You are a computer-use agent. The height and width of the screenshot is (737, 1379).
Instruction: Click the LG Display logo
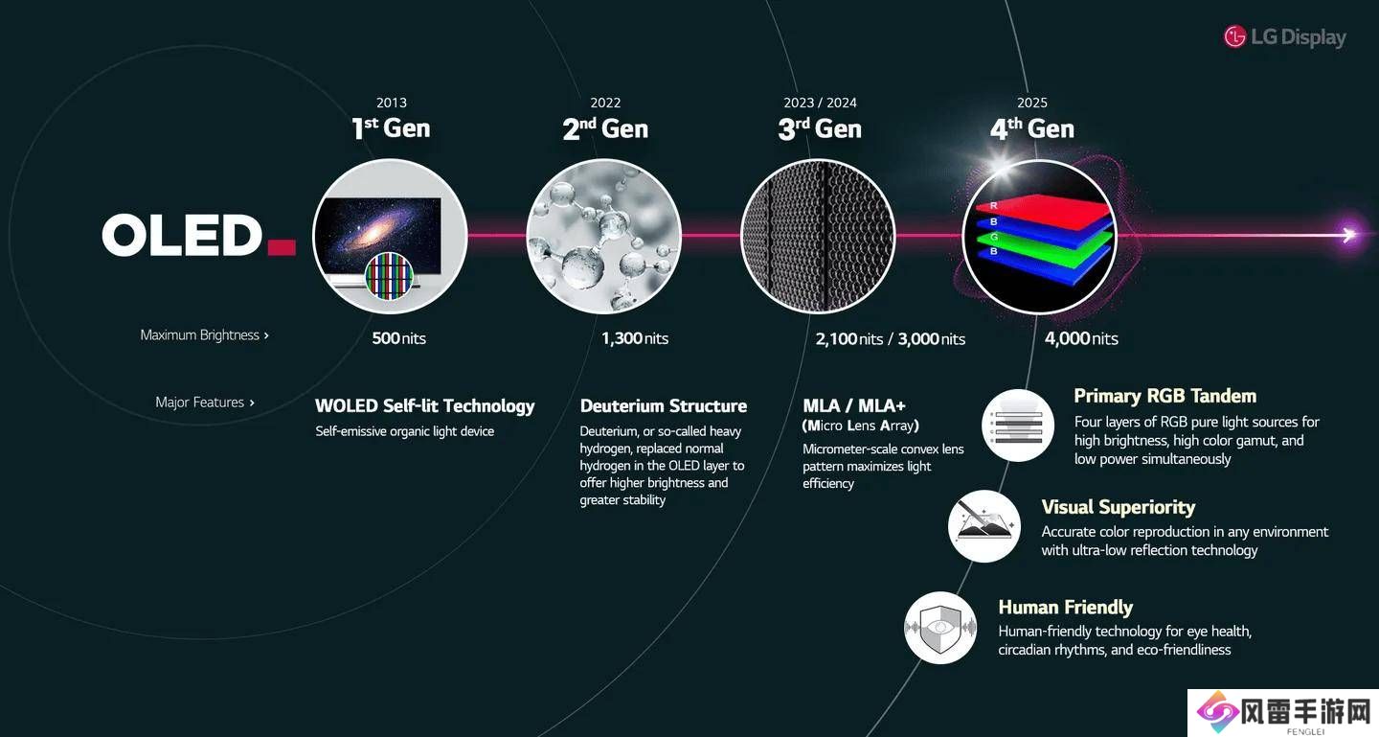(x=1285, y=37)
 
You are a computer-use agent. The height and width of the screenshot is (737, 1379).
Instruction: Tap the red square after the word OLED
(x=282, y=247)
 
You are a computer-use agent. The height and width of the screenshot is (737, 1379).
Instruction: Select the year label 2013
(x=392, y=103)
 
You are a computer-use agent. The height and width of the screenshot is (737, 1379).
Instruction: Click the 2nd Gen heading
(x=605, y=128)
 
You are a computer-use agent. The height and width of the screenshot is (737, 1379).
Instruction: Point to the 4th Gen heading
(x=1032, y=128)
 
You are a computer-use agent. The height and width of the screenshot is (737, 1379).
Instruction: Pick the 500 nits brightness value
(x=399, y=338)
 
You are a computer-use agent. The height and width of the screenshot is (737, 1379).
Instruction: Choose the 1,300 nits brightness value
(x=635, y=338)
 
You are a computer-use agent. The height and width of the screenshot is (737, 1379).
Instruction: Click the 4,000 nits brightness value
(x=1082, y=338)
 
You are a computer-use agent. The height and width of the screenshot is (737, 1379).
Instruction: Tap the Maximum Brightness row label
(x=204, y=335)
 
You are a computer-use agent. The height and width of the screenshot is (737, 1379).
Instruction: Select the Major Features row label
(x=204, y=403)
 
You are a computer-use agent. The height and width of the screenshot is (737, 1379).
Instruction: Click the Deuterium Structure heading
(x=663, y=406)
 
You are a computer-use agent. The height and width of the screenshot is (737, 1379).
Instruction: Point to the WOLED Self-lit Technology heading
(x=425, y=406)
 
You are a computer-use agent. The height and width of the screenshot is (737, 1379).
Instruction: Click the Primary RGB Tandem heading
(x=1164, y=396)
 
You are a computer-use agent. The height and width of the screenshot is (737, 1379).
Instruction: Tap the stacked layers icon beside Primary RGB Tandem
(x=1018, y=426)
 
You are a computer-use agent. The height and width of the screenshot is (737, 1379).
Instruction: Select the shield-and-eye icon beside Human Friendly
(x=940, y=628)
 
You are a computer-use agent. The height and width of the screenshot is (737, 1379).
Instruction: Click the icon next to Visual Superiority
(x=983, y=526)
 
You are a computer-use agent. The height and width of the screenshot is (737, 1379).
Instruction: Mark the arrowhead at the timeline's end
(x=1349, y=235)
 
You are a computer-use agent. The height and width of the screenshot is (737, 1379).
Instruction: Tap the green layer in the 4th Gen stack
(x=1047, y=246)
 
